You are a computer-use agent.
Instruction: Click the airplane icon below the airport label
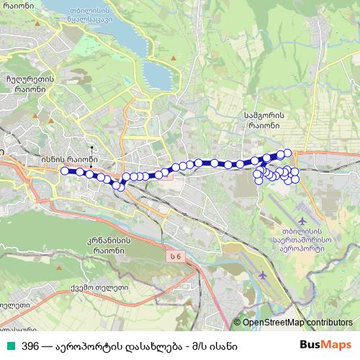click(263, 274)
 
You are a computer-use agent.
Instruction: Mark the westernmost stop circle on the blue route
click(65, 171)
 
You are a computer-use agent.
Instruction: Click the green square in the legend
click(9, 346)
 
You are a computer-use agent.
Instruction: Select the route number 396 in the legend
click(30, 346)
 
